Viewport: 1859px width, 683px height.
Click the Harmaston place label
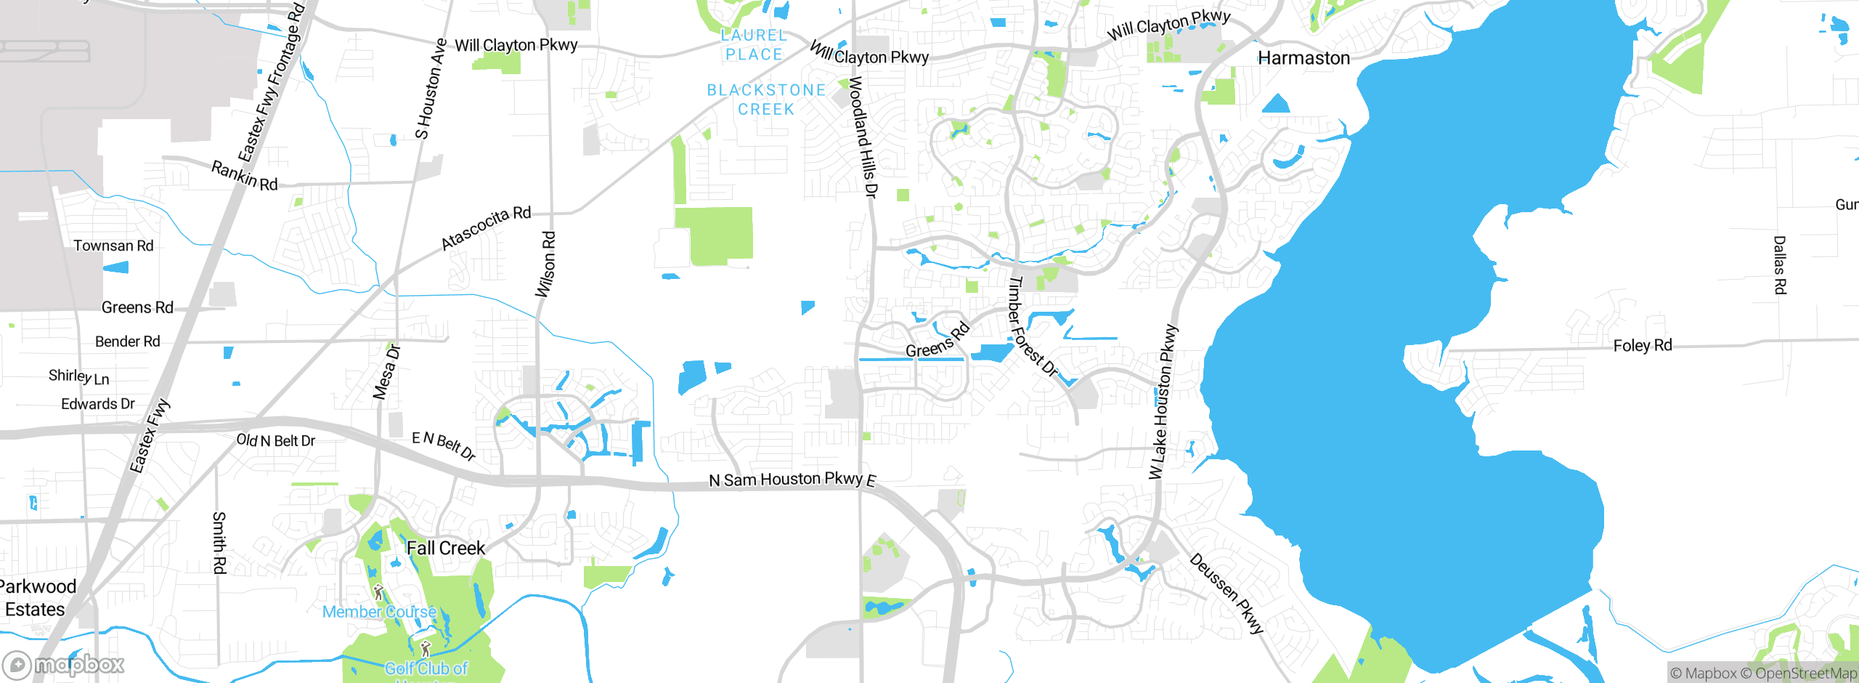pyautogui.click(x=1303, y=58)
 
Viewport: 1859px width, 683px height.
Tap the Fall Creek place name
pyautogui.click(x=445, y=549)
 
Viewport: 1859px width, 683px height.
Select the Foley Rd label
pyautogui.click(x=1643, y=346)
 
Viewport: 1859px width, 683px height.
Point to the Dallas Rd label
pyautogui.click(x=1780, y=265)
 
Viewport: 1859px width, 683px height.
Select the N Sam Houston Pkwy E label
pyautogui.click(x=792, y=480)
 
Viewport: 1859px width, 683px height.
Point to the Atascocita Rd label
pyautogui.click(x=486, y=227)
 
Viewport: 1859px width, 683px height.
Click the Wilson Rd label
pyautogui.click(x=546, y=264)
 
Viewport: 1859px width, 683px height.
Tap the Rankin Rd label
pyautogui.click(x=245, y=176)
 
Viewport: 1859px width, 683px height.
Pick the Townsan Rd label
pyautogui.click(x=113, y=246)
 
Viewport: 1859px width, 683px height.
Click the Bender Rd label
pyautogui.click(x=128, y=341)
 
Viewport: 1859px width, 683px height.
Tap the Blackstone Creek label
pyautogui.click(x=766, y=100)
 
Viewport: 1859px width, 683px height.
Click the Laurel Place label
pyautogui.click(x=754, y=44)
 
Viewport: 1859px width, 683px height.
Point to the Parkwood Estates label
pyautogui.click(x=36, y=598)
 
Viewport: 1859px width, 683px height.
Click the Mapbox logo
pyautogui.click(x=64, y=665)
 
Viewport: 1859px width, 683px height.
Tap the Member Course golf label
pyautogui.click(x=379, y=612)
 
